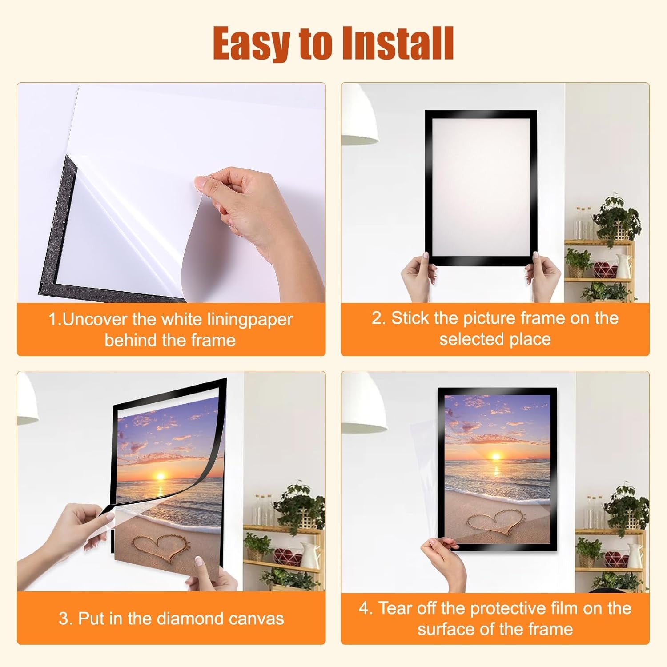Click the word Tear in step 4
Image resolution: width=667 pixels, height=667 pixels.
click(397, 608)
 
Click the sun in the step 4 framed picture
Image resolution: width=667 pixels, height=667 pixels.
click(495, 456)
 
